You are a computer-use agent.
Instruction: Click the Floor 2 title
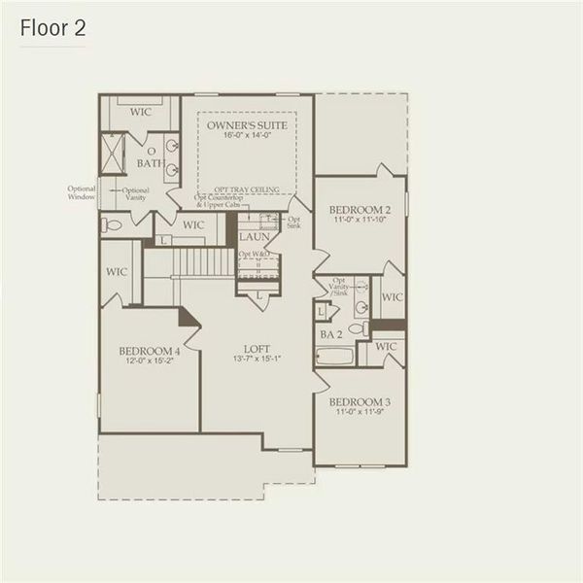53,28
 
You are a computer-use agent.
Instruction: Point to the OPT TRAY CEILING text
247,189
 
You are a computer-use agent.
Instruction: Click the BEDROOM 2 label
359,210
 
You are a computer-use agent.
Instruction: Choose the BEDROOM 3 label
359,402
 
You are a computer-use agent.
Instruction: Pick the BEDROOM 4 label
149,351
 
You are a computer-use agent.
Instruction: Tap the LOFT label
257,349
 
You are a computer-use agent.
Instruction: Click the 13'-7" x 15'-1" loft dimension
257,360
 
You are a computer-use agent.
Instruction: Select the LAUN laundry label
256,236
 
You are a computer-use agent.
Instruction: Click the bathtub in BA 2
335,356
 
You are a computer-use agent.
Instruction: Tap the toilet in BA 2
356,328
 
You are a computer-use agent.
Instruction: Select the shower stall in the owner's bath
117,151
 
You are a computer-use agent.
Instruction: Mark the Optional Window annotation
82,192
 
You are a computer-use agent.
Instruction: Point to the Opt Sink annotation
294,223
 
